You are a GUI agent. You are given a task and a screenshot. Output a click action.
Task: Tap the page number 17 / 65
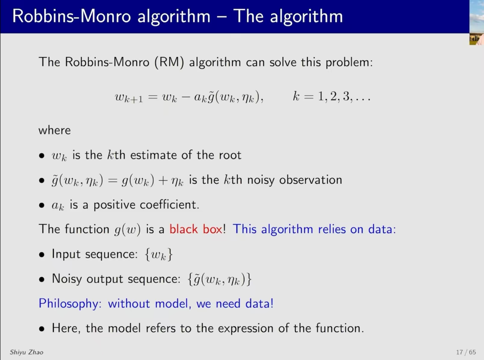click(x=466, y=352)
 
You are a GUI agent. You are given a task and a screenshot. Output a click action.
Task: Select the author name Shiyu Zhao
click(x=26, y=352)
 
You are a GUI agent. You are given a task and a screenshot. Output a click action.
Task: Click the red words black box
click(x=196, y=229)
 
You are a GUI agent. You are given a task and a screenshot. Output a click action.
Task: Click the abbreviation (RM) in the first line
click(x=169, y=62)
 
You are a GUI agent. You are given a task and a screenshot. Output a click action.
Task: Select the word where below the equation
click(x=55, y=130)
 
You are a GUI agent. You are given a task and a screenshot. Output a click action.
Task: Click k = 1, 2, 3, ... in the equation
click(x=332, y=96)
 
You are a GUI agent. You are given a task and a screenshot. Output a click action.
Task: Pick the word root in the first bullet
click(x=230, y=155)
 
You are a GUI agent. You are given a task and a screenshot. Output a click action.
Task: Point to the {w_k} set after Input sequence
click(x=159, y=254)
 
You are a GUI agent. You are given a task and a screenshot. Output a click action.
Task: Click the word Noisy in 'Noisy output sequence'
click(x=67, y=279)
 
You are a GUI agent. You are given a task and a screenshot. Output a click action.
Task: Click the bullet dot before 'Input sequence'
click(x=42, y=255)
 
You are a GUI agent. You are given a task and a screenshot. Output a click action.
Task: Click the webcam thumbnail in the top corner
click(x=476, y=23)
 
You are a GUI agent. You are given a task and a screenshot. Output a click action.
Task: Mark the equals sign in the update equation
click(x=153, y=97)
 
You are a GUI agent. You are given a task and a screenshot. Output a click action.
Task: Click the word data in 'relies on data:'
click(x=382, y=229)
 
